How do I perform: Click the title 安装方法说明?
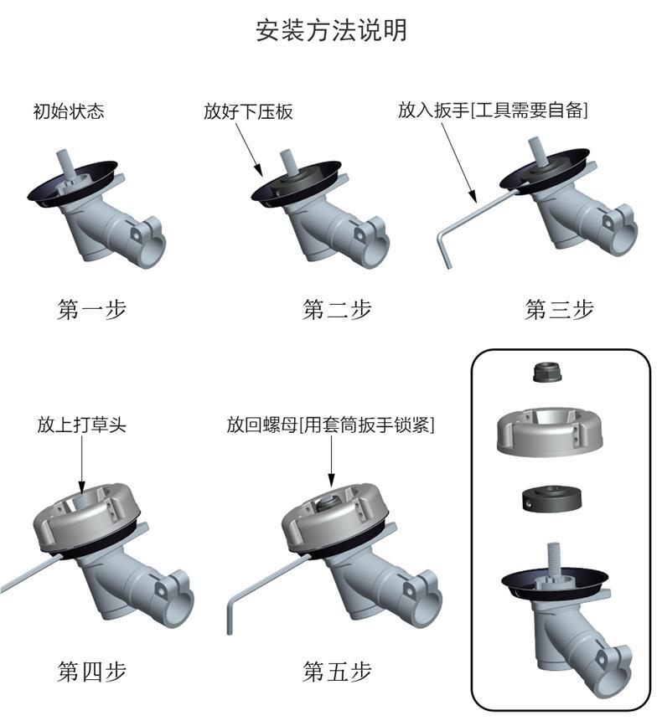pos(331,31)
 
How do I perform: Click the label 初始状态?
pos(69,111)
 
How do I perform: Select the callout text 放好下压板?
pos(248,111)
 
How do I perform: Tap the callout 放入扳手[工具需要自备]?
pos(492,111)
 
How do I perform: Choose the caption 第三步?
pos(559,309)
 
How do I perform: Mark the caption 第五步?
pos(337,671)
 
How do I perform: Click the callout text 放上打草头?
pos(82,425)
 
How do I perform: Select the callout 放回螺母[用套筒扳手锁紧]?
pos(331,425)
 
